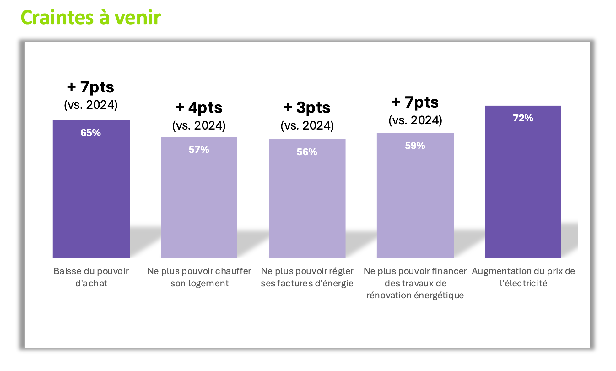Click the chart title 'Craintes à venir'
tap(90, 17)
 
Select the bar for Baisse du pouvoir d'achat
tap(91, 195)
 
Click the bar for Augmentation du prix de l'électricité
tap(523, 189)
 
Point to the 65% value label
tap(91, 133)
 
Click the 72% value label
tap(523, 118)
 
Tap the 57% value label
tap(199, 150)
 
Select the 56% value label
tap(307, 152)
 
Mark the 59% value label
tap(415, 146)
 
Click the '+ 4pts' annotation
tap(199, 108)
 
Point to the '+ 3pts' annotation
tap(307, 108)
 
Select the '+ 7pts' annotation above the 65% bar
tap(90, 87)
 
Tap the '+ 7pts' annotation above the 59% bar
tap(415, 102)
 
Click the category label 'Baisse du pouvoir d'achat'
tap(91, 277)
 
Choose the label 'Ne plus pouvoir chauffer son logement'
tap(199, 277)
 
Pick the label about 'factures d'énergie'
tap(307, 277)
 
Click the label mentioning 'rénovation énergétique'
tap(415, 283)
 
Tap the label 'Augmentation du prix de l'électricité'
tap(523, 277)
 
